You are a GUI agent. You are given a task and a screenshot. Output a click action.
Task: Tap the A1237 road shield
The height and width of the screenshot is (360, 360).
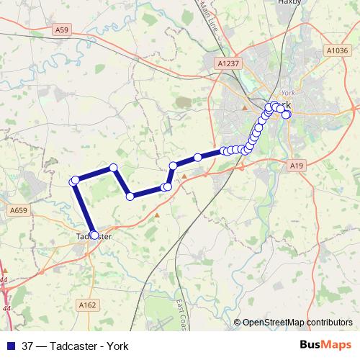click(x=228, y=63)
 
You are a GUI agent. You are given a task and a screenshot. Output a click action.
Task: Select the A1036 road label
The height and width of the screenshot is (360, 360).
click(x=336, y=50)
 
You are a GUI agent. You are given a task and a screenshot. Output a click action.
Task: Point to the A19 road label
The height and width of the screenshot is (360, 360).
click(x=295, y=166)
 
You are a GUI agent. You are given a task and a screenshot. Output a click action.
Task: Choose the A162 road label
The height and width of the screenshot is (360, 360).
click(x=88, y=305)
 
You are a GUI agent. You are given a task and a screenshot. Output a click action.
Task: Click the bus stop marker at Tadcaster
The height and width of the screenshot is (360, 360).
click(x=94, y=235)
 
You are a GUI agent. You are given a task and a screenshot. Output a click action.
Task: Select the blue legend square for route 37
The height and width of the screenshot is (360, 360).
click(x=10, y=346)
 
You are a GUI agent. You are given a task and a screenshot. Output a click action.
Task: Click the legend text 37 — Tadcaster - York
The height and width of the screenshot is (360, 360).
click(x=76, y=346)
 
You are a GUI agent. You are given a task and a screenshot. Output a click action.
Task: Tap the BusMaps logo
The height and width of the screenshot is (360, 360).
click(x=325, y=345)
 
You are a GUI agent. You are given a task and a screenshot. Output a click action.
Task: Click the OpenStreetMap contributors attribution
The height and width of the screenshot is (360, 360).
click(x=297, y=322)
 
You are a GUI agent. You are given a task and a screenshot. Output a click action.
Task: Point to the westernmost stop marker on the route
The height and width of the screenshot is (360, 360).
click(x=73, y=181)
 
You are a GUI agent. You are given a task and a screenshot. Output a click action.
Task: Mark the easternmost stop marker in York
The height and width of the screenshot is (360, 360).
click(x=286, y=114)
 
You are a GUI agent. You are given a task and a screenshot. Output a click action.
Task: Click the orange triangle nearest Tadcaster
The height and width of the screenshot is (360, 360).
click(x=157, y=215)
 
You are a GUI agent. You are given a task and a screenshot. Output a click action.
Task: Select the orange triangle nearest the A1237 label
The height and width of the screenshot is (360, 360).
click(x=245, y=108)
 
